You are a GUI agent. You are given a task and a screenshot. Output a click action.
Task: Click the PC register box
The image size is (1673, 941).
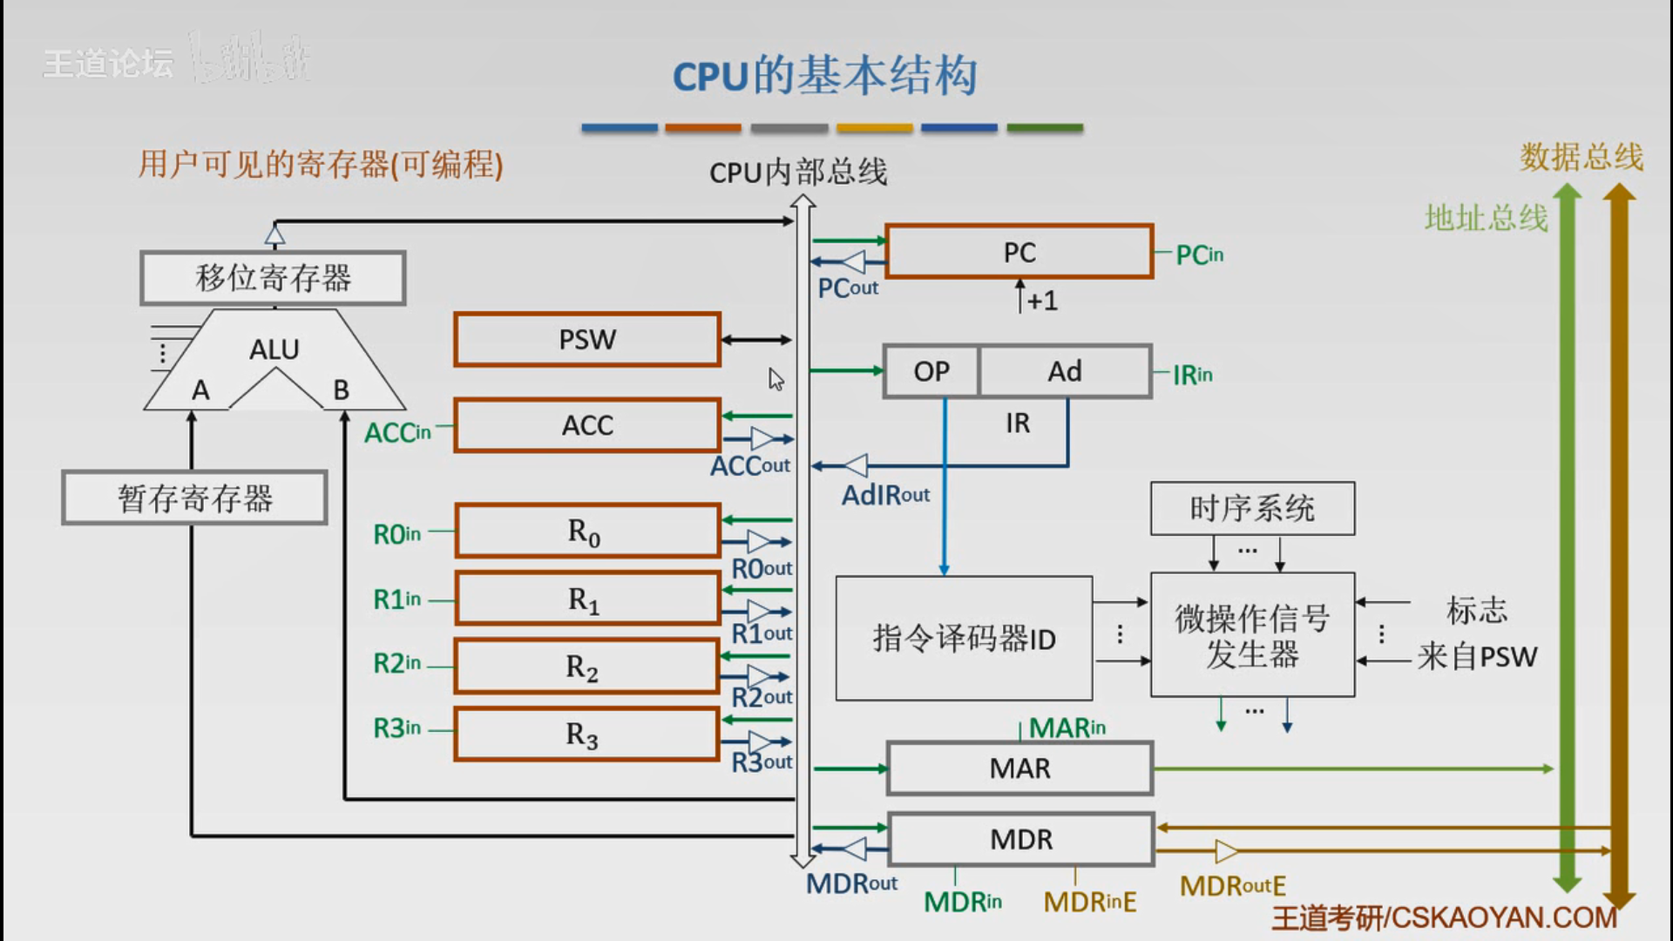(1019, 253)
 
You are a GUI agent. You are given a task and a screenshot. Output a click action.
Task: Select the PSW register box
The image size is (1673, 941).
(587, 340)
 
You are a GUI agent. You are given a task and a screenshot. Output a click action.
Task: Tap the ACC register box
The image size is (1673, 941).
(587, 425)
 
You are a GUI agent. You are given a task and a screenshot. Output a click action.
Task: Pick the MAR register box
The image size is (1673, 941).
(1019, 768)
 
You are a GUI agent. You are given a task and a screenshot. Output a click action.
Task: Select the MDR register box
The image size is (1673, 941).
(1020, 839)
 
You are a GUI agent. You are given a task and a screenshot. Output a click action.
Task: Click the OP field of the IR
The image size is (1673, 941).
(931, 372)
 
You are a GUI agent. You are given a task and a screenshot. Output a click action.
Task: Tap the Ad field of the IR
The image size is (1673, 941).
(1064, 372)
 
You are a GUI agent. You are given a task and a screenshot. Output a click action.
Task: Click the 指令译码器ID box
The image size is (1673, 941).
(964, 639)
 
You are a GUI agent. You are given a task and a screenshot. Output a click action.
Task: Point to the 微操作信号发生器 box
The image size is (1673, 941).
(1252, 635)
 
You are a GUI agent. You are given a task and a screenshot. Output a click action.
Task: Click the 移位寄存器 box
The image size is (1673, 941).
(273, 279)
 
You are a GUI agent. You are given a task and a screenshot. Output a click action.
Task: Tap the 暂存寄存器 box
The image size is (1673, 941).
(195, 498)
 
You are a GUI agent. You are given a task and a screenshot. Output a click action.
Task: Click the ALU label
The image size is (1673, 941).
(274, 349)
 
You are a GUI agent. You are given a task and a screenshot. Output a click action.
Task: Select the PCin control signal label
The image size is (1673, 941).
(1200, 255)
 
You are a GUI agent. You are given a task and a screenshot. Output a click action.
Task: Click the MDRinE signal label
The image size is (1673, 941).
(1090, 902)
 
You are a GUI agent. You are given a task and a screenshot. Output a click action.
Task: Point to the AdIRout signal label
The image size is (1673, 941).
(885, 496)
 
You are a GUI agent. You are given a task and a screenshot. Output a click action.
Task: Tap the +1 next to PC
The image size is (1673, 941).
(1042, 301)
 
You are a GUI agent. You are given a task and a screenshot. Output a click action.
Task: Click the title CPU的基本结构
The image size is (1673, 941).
(824, 76)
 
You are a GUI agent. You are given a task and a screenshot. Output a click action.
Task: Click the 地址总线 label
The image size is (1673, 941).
(1486, 218)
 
